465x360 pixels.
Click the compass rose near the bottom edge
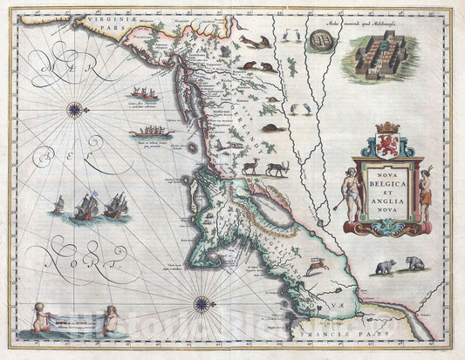(202, 304)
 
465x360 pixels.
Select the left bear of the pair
(384, 265)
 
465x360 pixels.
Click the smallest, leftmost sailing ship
(58, 205)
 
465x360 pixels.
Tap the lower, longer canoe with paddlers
(150, 132)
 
